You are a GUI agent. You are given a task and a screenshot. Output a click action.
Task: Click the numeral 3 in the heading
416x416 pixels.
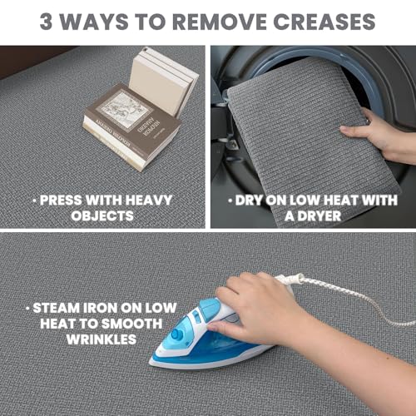(x=46, y=22)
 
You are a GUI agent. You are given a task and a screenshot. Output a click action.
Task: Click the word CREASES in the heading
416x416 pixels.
(x=324, y=22)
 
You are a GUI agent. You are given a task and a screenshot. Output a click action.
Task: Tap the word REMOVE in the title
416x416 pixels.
(x=220, y=22)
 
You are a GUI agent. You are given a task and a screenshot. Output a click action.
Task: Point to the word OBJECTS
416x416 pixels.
(x=102, y=215)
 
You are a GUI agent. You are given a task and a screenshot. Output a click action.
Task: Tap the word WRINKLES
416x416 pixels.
(x=102, y=339)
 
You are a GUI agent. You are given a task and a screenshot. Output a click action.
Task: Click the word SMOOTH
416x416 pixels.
(x=131, y=324)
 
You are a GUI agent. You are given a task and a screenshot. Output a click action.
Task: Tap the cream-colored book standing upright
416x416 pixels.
(x=164, y=81)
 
